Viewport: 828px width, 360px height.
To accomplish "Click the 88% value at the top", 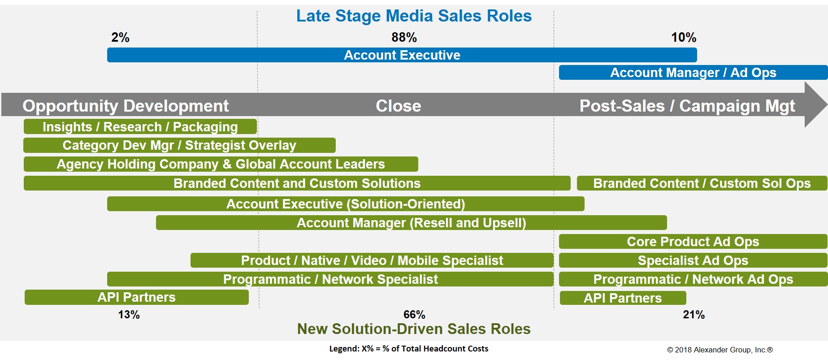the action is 404,37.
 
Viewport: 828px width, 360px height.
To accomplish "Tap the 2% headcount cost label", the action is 120,37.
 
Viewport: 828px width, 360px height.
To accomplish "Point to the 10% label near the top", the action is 684,37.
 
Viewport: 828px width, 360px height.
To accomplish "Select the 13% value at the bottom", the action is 129,315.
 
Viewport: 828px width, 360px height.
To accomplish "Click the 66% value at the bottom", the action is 414,315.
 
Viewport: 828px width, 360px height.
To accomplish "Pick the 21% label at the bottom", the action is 694,315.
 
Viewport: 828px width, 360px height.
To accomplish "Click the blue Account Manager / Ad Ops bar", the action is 693,73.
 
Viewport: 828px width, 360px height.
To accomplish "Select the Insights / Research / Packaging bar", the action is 140,127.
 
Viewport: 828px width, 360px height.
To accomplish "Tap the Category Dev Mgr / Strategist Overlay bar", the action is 179,145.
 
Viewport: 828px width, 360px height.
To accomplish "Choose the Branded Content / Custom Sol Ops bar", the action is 702,183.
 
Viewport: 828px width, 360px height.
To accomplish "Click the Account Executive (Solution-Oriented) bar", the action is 346,204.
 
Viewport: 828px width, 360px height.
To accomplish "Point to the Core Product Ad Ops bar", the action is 693,242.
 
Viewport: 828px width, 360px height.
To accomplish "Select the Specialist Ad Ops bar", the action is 693,260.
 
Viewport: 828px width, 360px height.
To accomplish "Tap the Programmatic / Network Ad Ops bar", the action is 693,279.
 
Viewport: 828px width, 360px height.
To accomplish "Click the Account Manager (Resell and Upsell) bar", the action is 412,223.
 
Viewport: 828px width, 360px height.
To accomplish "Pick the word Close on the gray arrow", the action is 399,106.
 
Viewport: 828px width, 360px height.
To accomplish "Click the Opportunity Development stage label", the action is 126,106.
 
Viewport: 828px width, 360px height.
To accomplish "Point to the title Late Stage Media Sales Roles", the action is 414,16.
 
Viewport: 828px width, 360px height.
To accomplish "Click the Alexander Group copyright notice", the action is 720,350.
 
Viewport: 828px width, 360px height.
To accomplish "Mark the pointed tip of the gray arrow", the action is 827,104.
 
